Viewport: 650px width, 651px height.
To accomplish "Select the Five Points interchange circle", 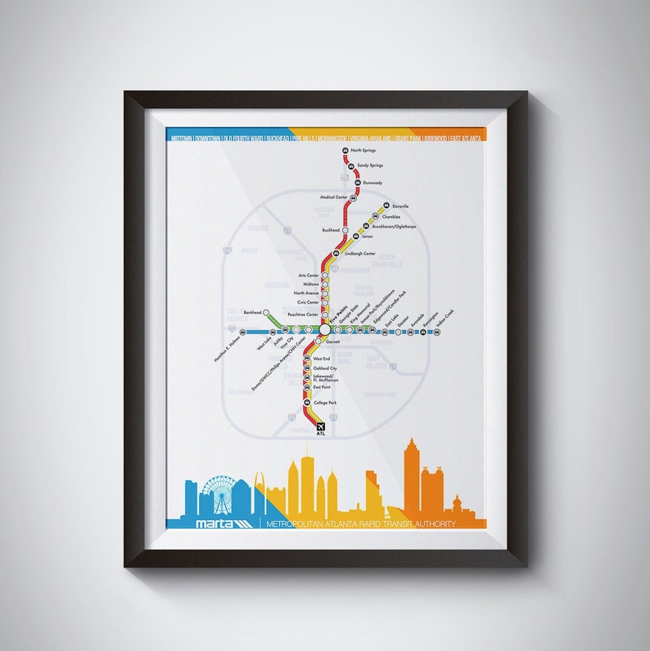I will [325, 329].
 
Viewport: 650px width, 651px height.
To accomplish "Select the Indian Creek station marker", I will [422, 332].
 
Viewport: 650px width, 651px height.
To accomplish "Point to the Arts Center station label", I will [307, 276].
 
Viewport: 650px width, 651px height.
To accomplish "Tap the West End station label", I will [321, 359].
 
